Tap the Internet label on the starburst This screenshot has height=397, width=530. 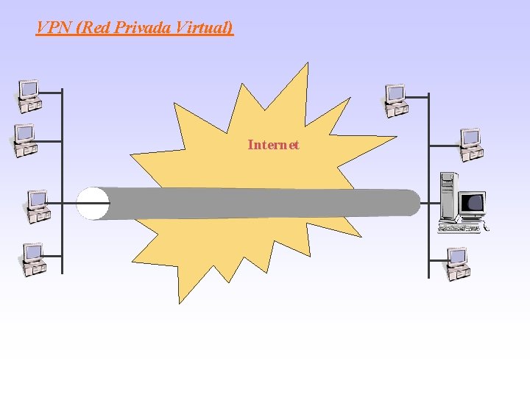[x=273, y=145]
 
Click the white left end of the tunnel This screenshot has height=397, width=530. [x=93, y=204]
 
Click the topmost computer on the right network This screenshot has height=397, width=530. [x=396, y=100]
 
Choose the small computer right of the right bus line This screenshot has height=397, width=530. [x=470, y=144]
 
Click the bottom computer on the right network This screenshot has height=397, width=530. [x=457, y=263]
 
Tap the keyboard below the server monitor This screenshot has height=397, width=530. [x=458, y=228]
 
